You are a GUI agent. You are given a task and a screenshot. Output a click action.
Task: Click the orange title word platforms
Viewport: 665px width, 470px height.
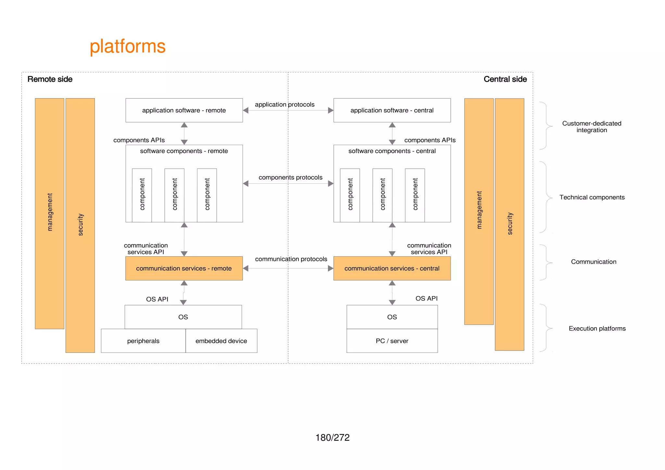pyautogui.click(x=128, y=46)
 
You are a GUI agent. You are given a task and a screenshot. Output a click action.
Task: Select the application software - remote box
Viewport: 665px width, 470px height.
pyautogui.click(x=184, y=110)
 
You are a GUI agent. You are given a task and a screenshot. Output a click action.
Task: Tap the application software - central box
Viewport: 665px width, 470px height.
pyautogui.click(x=392, y=110)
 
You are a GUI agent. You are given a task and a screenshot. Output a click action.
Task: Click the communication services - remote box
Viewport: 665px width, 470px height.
pyautogui.click(x=184, y=268)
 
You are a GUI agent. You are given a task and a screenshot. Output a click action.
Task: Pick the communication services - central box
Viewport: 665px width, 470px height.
pyautogui.click(x=392, y=268)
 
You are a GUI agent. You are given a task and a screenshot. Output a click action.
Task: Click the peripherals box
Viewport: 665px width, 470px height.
pyautogui.click(x=143, y=341)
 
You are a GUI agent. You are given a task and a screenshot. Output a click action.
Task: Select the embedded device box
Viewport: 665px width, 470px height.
pyautogui.click(x=221, y=341)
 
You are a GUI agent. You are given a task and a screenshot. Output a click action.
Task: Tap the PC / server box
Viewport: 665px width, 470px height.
pyautogui.click(x=392, y=341)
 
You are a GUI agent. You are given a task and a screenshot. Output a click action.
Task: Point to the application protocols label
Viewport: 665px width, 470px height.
pyautogui.click(x=284, y=105)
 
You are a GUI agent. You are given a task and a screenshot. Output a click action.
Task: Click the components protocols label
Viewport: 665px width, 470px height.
pyautogui.click(x=290, y=178)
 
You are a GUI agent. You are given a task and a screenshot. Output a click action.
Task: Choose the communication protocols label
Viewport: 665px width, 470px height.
pyautogui.click(x=291, y=259)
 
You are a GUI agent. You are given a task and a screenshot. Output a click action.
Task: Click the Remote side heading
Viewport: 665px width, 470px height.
pyautogui.click(x=50, y=79)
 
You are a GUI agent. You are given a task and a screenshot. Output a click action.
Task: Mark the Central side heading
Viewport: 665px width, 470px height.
pyautogui.click(x=505, y=79)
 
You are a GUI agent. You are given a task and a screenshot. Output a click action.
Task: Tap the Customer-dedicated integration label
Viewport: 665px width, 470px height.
pyautogui.click(x=592, y=127)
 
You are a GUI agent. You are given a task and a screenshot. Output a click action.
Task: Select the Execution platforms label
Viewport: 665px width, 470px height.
pyautogui.click(x=597, y=328)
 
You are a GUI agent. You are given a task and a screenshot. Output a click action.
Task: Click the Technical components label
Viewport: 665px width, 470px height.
pyautogui.click(x=592, y=197)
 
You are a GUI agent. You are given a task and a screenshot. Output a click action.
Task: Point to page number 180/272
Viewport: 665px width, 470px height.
pyautogui.click(x=332, y=438)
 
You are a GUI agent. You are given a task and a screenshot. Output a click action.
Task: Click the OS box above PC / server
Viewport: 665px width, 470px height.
pyautogui.click(x=392, y=317)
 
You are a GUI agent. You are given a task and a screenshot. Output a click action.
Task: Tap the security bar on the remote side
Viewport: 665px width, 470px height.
pyautogui.click(x=80, y=225)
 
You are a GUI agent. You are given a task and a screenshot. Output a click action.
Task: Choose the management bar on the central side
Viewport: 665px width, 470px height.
pyautogui.click(x=479, y=211)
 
